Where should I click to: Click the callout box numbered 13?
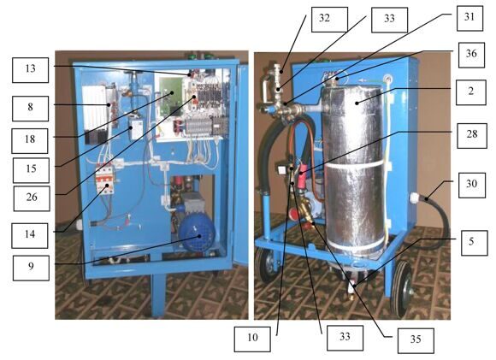click(31, 70)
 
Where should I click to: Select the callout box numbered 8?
click(31, 109)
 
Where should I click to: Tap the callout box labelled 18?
click(30, 141)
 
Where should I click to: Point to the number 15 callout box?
click(31, 170)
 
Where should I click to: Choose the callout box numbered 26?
click(32, 198)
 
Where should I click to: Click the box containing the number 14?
click(30, 236)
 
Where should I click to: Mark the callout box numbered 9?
click(31, 268)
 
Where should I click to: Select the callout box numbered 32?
click(329, 20)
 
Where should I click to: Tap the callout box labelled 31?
click(469, 18)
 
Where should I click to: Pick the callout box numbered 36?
click(471, 55)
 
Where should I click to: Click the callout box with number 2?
click(471, 92)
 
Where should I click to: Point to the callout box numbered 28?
click(472, 136)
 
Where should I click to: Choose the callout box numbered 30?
click(472, 185)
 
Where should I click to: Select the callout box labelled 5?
click(475, 243)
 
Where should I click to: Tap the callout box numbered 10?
click(252, 339)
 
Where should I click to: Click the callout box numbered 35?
click(416, 340)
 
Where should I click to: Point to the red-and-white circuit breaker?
click(104, 180)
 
